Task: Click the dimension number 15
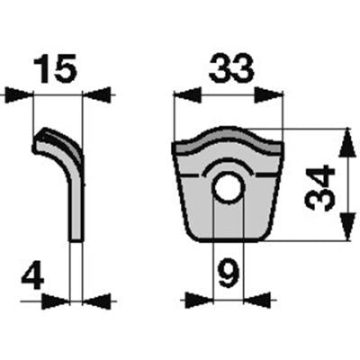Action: click(56, 68)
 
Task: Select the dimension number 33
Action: click(231, 69)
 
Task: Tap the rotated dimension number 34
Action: click(319, 188)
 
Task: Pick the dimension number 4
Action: click(32, 274)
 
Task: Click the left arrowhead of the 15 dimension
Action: click(19, 95)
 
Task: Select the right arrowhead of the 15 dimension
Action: click(96, 95)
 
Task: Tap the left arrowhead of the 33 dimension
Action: click(187, 95)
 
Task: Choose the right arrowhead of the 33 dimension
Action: click(269, 95)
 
